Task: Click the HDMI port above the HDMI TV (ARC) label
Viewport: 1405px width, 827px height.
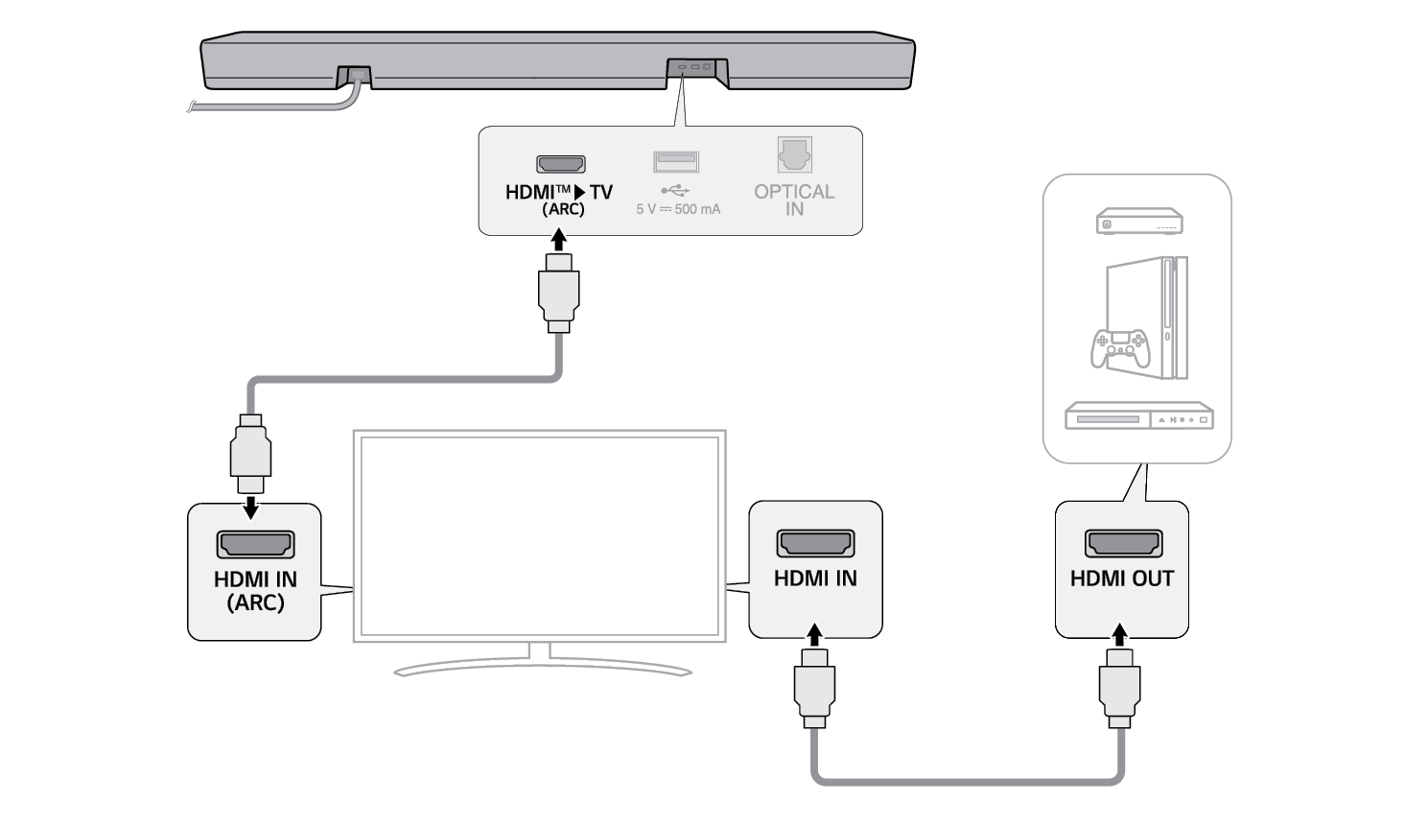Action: click(x=561, y=164)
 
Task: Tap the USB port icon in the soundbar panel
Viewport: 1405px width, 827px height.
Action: click(x=676, y=161)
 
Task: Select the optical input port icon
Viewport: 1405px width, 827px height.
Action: click(x=795, y=154)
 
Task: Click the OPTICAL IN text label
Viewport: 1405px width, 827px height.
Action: click(x=794, y=200)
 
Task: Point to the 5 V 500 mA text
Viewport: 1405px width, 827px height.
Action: click(x=678, y=209)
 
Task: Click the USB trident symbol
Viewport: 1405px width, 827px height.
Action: click(x=675, y=190)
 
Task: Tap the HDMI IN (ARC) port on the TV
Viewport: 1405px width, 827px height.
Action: click(x=255, y=545)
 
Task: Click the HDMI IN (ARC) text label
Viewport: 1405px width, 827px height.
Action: click(x=255, y=591)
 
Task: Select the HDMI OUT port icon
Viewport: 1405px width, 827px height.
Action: click(x=1123, y=544)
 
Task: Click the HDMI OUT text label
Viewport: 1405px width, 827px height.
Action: click(x=1122, y=579)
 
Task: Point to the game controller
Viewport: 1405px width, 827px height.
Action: click(x=1119, y=348)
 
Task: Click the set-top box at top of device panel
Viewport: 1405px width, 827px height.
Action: click(x=1139, y=222)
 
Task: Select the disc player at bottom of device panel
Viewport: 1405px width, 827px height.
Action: click(x=1139, y=416)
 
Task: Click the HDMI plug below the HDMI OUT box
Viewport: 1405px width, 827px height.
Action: click(x=1119, y=687)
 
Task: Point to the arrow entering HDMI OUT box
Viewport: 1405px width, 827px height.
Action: click(x=1119, y=634)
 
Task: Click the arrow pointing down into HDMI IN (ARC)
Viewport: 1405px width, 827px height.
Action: click(x=251, y=506)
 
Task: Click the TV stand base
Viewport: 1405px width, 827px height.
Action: click(x=542, y=665)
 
